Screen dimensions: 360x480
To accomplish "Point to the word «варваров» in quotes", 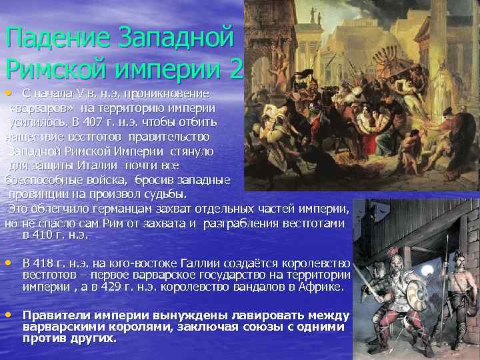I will click(x=41, y=108).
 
